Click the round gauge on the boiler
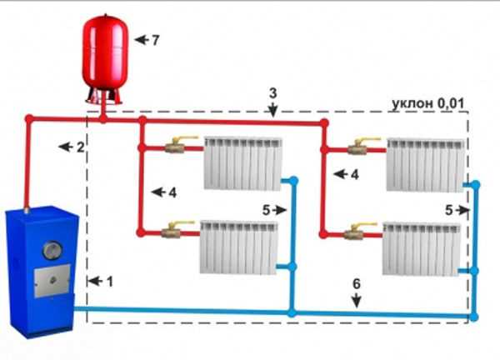pyautogui.click(x=52, y=249)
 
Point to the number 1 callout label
pyautogui.click(x=109, y=282)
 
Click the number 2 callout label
pyautogui.click(x=80, y=147)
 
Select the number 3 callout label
pyautogui.click(x=272, y=92)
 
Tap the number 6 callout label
pyautogui.click(x=356, y=283)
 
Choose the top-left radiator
pyautogui.click(x=242, y=162)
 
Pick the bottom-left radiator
pyautogui.click(x=238, y=247)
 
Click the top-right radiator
pyautogui.click(x=426, y=163)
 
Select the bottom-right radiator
pyautogui.click(x=420, y=247)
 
